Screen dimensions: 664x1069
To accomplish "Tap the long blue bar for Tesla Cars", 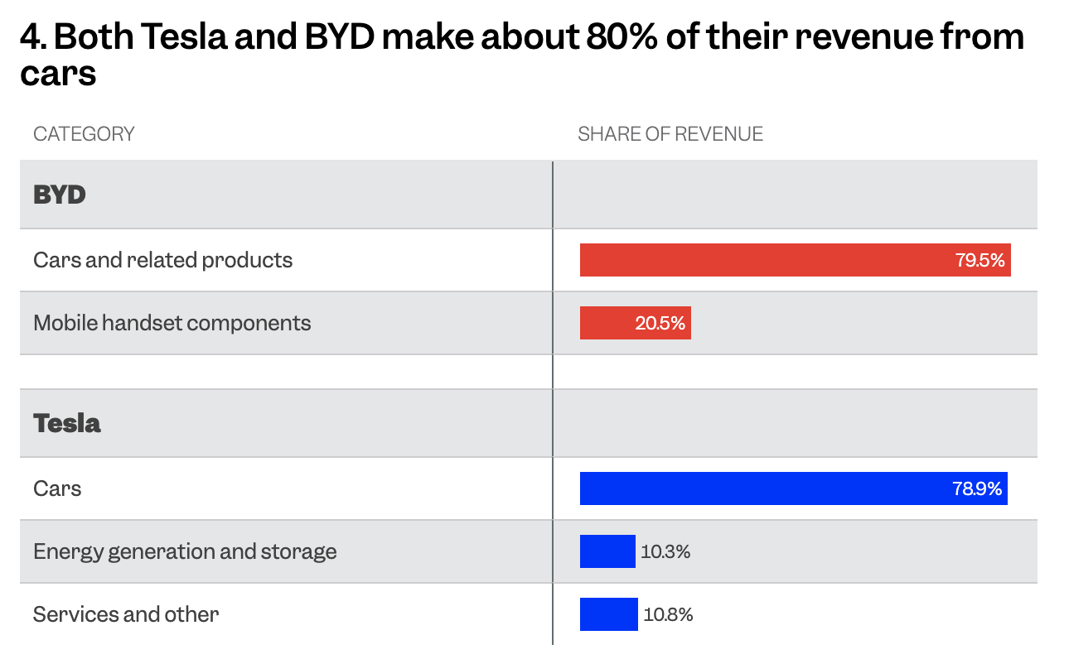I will [762, 488].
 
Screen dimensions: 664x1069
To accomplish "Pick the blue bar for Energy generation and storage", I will [607, 551].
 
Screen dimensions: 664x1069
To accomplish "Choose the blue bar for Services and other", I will [609, 614].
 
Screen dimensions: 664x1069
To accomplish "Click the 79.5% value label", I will [980, 260].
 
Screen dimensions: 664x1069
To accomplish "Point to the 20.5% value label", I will [660, 323].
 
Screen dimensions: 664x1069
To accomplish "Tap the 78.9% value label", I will [977, 488].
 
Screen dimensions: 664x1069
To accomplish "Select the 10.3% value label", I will [665, 551].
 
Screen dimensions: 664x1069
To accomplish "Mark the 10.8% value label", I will [668, 614].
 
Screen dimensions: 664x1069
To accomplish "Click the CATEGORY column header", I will [84, 134].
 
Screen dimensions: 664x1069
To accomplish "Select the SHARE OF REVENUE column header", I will [670, 134].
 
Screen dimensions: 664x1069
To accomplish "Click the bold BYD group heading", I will [60, 195].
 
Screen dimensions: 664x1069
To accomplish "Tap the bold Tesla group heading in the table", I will [67, 423].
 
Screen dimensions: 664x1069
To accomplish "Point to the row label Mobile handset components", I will [172, 323].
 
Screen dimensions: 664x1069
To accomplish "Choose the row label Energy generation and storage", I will [185, 551].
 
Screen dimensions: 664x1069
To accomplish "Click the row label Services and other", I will [126, 614].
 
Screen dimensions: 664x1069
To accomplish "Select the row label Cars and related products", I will [163, 260].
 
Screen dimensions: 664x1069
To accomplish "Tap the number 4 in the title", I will [31, 37].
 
